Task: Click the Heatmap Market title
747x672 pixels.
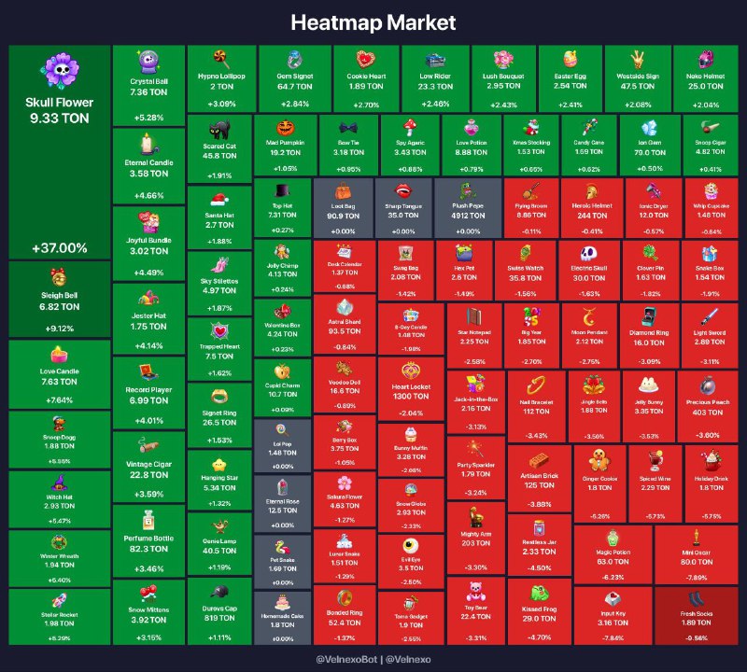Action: tap(373, 21)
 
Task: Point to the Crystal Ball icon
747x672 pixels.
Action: tap(148, 62)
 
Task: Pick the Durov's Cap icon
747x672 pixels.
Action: tap(219, 592)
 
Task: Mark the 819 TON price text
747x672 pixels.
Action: tap(219, 617)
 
